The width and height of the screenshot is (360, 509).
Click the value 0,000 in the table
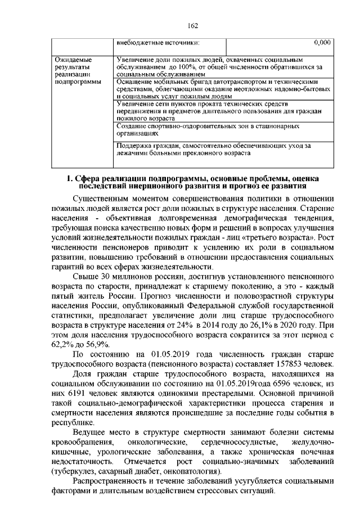point(322,42)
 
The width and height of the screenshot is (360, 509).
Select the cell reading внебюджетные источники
point(157,42)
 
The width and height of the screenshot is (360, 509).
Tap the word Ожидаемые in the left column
point(72,59)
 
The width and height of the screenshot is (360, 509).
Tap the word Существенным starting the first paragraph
point(102,199)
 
